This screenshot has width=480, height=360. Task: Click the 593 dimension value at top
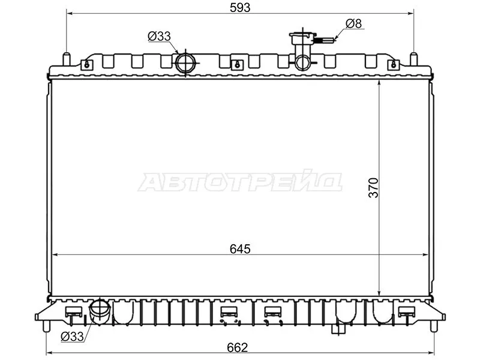tap(239, 7)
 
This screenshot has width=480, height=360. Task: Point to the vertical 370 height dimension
tap(373, 188)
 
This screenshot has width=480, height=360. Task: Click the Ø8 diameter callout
tap(354, 24)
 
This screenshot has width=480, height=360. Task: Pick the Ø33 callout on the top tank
tap(160, 36)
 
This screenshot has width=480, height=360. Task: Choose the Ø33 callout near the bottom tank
tap(72, 337)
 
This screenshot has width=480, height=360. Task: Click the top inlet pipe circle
tap(185, 63)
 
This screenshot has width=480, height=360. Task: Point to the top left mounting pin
tap(66, 59)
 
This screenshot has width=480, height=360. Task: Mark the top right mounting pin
tap(413, 59)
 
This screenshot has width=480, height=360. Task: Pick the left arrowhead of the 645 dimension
tap(55, 255)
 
